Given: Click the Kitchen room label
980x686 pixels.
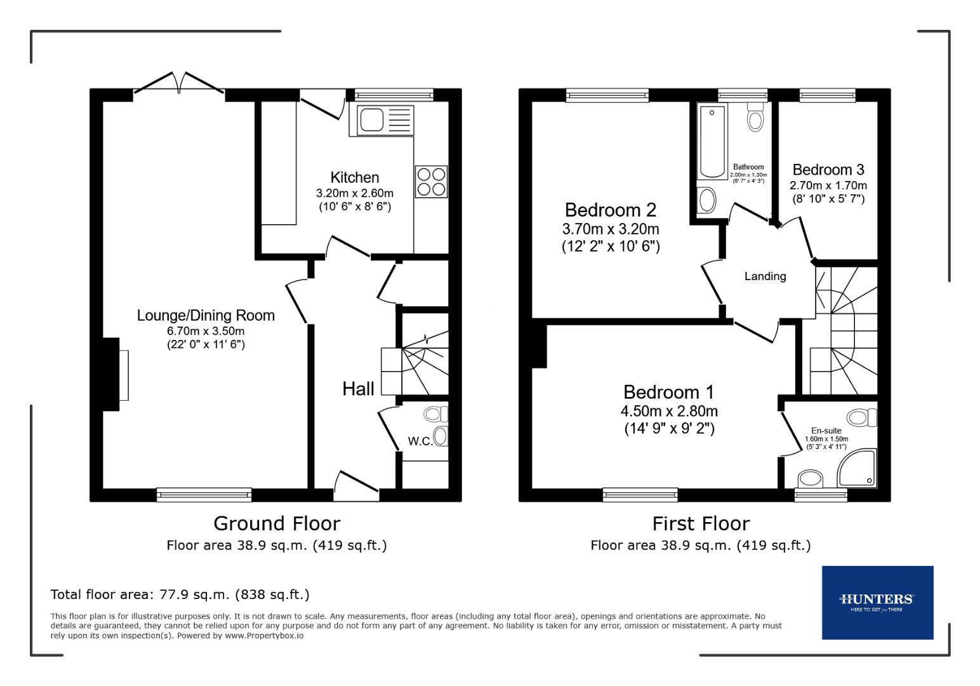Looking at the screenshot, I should [354, 178].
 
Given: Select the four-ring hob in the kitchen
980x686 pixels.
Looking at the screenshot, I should [432, 181].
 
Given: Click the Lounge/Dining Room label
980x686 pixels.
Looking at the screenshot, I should [206, 316].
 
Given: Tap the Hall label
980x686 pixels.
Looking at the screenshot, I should [358, 389].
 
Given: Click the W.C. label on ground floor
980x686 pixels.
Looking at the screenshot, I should [420, 441].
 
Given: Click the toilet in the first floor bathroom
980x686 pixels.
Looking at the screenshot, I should [755, 116].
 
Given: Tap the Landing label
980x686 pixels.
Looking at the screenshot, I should [765, 276].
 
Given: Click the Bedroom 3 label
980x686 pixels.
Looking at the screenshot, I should [828, 170].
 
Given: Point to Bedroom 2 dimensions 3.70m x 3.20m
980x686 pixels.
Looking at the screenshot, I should [610, 229].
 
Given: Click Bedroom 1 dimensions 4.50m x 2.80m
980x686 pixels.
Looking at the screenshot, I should [669, 411].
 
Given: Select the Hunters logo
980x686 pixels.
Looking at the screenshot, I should [877, 602].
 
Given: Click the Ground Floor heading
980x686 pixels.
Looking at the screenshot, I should [277, 523].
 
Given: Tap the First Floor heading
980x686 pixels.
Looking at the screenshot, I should [701, 523].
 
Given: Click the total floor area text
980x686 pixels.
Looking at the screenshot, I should [180, 595].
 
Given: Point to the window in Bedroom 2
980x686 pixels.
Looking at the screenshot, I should [607, 95].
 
